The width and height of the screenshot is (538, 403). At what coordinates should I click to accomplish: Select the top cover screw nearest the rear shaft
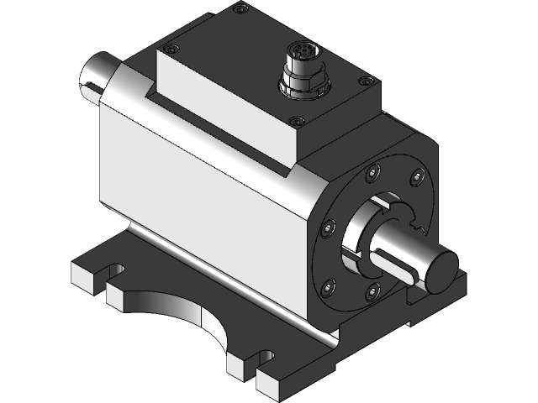click(172, 50)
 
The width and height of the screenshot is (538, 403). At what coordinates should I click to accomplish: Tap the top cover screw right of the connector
click(364, 81)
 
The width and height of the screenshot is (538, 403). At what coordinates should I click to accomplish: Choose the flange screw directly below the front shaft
click(371, 290)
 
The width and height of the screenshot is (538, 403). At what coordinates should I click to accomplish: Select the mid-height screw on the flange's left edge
click(329, 227)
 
